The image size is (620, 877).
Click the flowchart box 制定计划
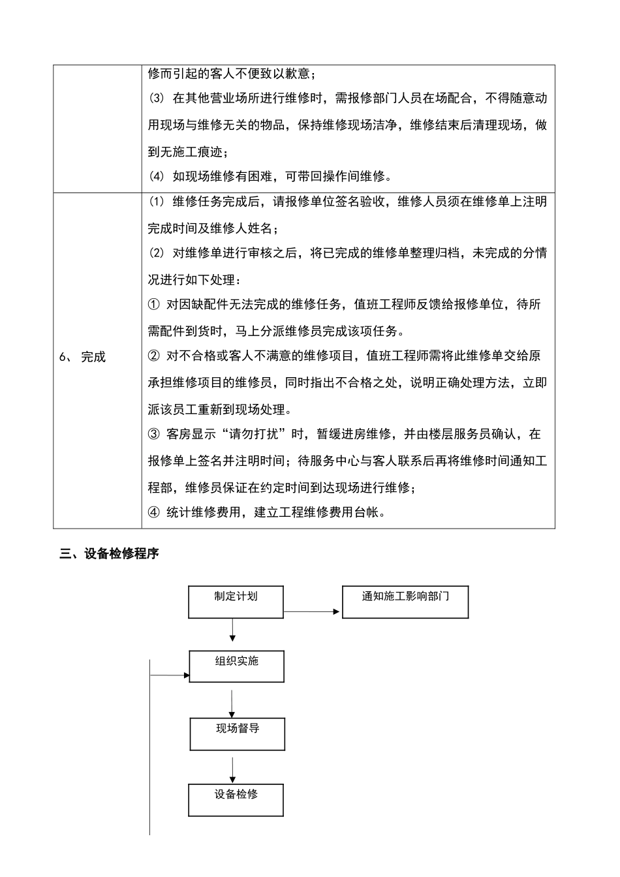[236, 602]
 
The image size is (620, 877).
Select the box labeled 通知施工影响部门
[405, 602]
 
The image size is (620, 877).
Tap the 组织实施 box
[236, 666]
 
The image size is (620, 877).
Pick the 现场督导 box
[238, 734]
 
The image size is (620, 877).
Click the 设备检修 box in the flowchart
[236, 800]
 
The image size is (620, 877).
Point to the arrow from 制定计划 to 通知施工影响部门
[312, 611]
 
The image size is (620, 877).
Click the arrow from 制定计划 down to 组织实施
[232, 630]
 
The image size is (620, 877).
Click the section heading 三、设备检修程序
[109, 555]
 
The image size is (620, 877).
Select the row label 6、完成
[82, 357]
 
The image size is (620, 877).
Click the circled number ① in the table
[154, 305]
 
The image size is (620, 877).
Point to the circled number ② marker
[154, 356]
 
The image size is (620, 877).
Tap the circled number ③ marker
[154, 435]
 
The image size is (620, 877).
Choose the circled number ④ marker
[154, 512]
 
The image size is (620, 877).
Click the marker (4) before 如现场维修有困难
[157, 176]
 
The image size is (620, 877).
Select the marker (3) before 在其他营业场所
[157, 99]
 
